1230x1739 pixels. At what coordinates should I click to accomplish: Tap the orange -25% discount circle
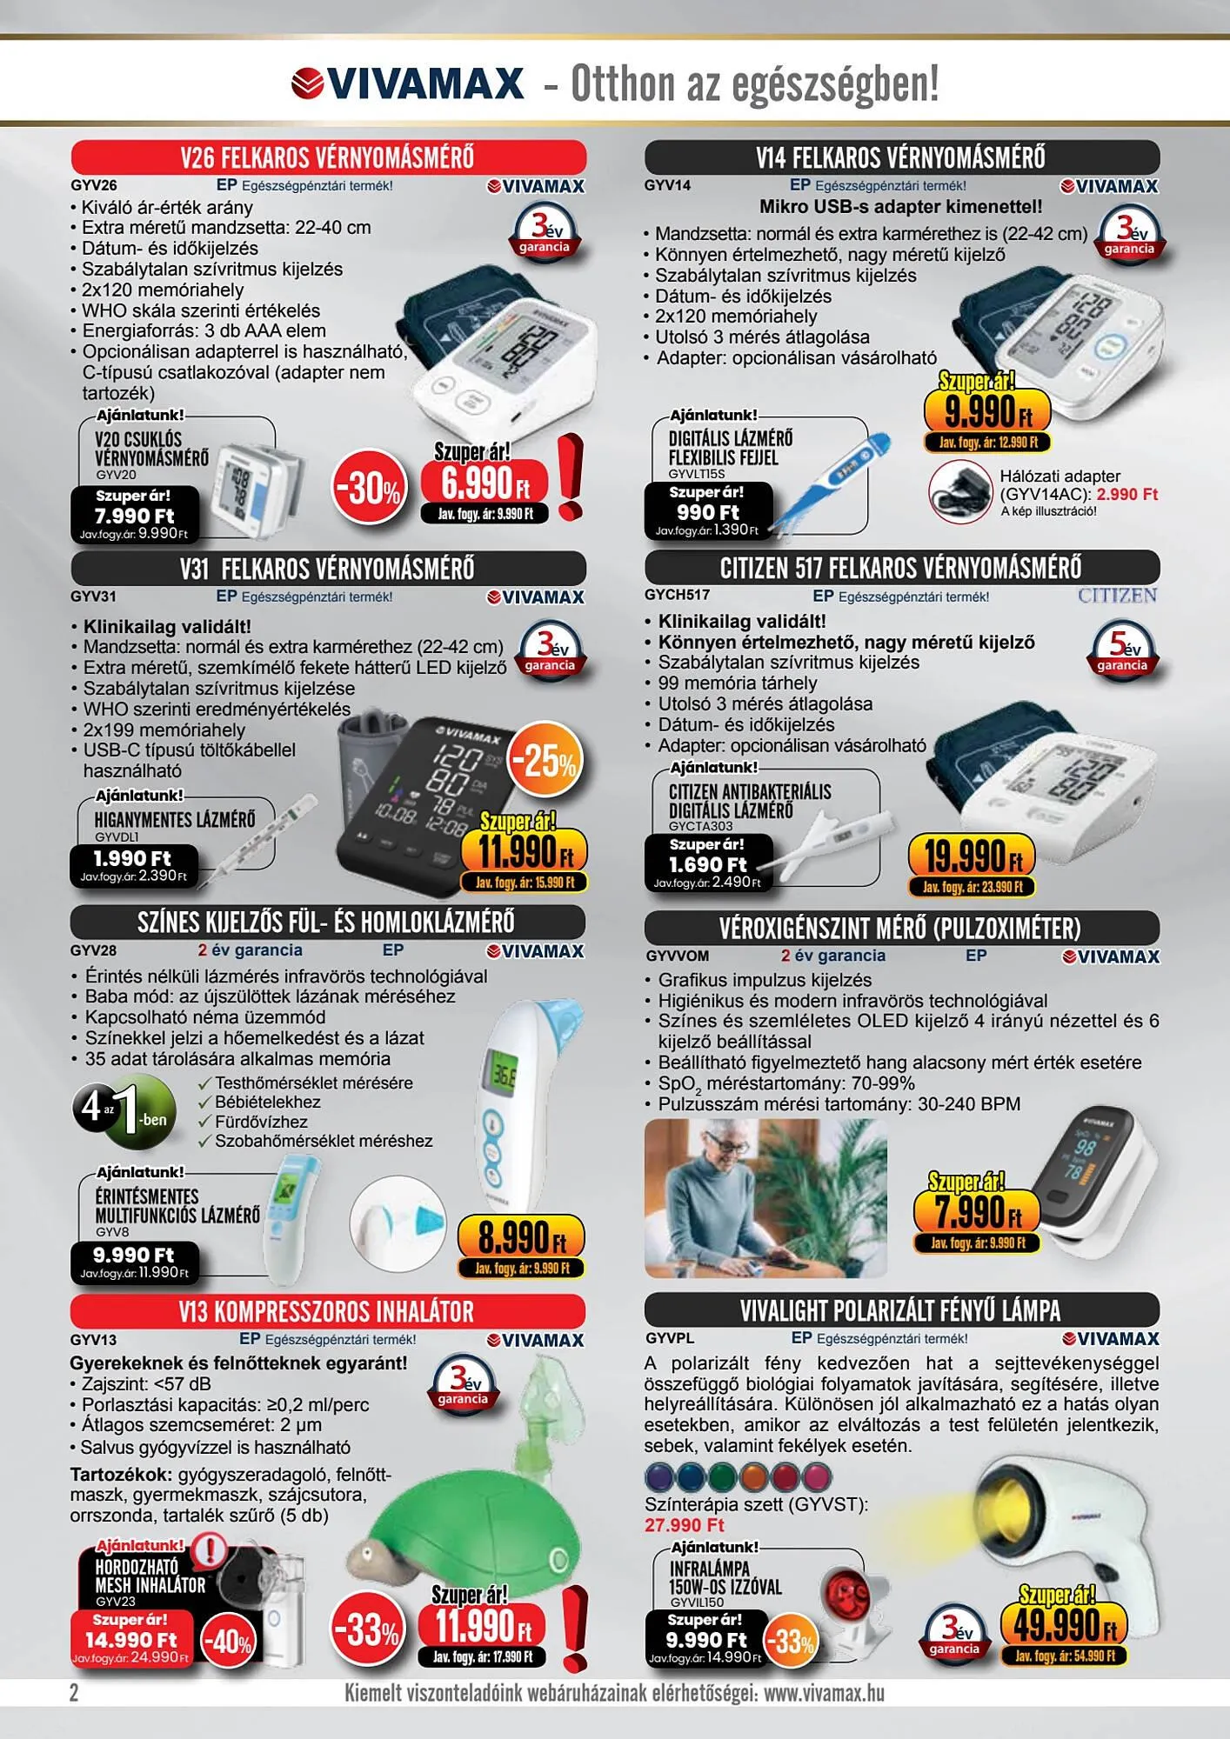(x=545, y=761)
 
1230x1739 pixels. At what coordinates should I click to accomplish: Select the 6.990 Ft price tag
(x=485, y=483)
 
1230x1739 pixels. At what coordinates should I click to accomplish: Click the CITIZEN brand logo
(x=1118, y=596)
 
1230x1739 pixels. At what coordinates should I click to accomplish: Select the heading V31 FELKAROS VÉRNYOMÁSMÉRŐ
(x=327, y=569)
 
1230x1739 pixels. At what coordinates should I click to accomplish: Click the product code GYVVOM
(x=677, y=956)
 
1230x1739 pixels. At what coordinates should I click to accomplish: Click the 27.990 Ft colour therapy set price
(x=685, y=1525)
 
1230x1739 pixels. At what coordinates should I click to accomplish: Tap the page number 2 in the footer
(x=74, y=1692)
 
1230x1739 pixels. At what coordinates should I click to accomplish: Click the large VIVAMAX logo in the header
(x=407, y=83)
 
